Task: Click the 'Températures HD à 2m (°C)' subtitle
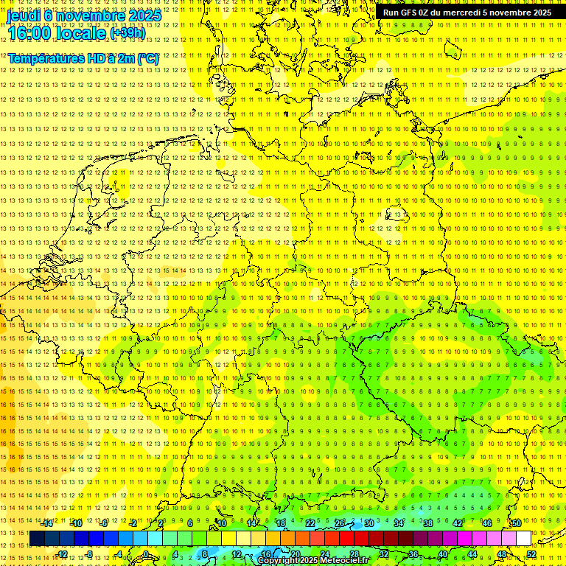[x=83, y=58]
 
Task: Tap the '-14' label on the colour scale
[x=47, y=523]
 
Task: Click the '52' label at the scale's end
[x=531, y=554]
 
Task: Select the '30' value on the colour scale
[x=368, y=523]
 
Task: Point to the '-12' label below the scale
[x=62, y=554]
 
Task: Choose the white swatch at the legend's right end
[x=523, y=539]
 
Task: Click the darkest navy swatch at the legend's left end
[x=37, y=539]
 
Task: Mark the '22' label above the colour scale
[x=310, y=523]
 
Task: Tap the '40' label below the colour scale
[x=443, y=554]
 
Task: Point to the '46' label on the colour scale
[x=486, y=523]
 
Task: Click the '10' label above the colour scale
[x=222, y=523]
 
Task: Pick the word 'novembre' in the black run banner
[x=510, y=13]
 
